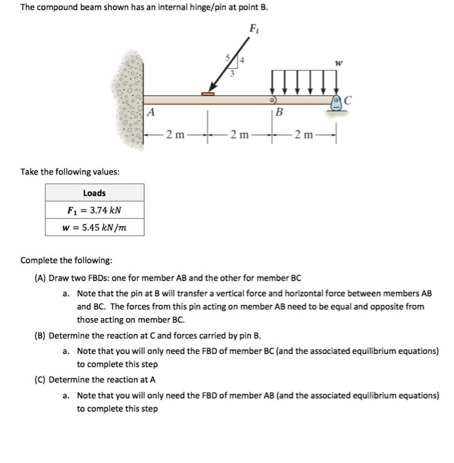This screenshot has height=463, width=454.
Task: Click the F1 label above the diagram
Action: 253,29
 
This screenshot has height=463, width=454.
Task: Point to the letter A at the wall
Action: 151,112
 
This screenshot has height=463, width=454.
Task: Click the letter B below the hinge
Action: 278,113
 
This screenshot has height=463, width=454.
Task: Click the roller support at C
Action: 337,103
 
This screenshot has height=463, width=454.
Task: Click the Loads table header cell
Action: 95,193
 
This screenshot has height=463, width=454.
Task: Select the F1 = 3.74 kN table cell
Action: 95,211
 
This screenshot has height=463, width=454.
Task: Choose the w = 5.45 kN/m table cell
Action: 95,228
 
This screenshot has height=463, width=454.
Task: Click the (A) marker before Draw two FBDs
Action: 40,278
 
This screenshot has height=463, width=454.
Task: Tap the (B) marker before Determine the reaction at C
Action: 40,335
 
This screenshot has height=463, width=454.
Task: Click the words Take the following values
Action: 70,171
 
